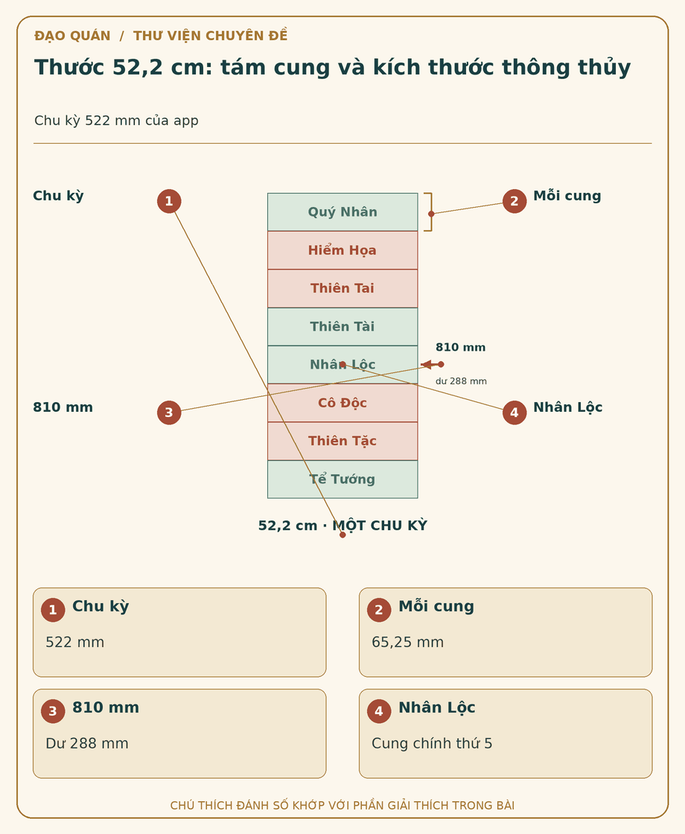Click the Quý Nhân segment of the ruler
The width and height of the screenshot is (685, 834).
coord(342,211)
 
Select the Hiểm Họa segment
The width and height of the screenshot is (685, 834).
coord(342,250)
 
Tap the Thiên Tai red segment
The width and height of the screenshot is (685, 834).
coord(342,288)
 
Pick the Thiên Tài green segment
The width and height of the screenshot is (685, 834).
coord(342,327)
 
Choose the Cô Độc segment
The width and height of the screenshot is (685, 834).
coord(342,403)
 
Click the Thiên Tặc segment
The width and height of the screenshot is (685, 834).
coord(342,441)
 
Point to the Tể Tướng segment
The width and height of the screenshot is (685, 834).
coord(342,480)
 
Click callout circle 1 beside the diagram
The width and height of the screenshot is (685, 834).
coord(169,201)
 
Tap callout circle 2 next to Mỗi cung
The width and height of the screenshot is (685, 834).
coord(514,201)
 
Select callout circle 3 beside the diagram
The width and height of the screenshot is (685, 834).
coord(169,413)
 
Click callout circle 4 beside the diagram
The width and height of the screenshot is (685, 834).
coord(514,413)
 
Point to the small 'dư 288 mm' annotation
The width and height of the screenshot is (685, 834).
coord(461,381)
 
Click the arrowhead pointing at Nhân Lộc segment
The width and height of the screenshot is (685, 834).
coord(425,364)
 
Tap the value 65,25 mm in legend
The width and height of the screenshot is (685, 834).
coord(407,642)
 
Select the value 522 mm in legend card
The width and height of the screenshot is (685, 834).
coord(75,642)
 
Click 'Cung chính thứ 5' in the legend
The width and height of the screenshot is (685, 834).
coord(432,743)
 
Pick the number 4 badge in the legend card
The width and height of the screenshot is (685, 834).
coord(379,711)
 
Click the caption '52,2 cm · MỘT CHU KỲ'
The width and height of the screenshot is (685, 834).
coord(342,526)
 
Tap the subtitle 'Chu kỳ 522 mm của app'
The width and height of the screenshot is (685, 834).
coord(116,121)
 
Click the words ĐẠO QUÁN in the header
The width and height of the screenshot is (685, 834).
coord(72,36)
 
